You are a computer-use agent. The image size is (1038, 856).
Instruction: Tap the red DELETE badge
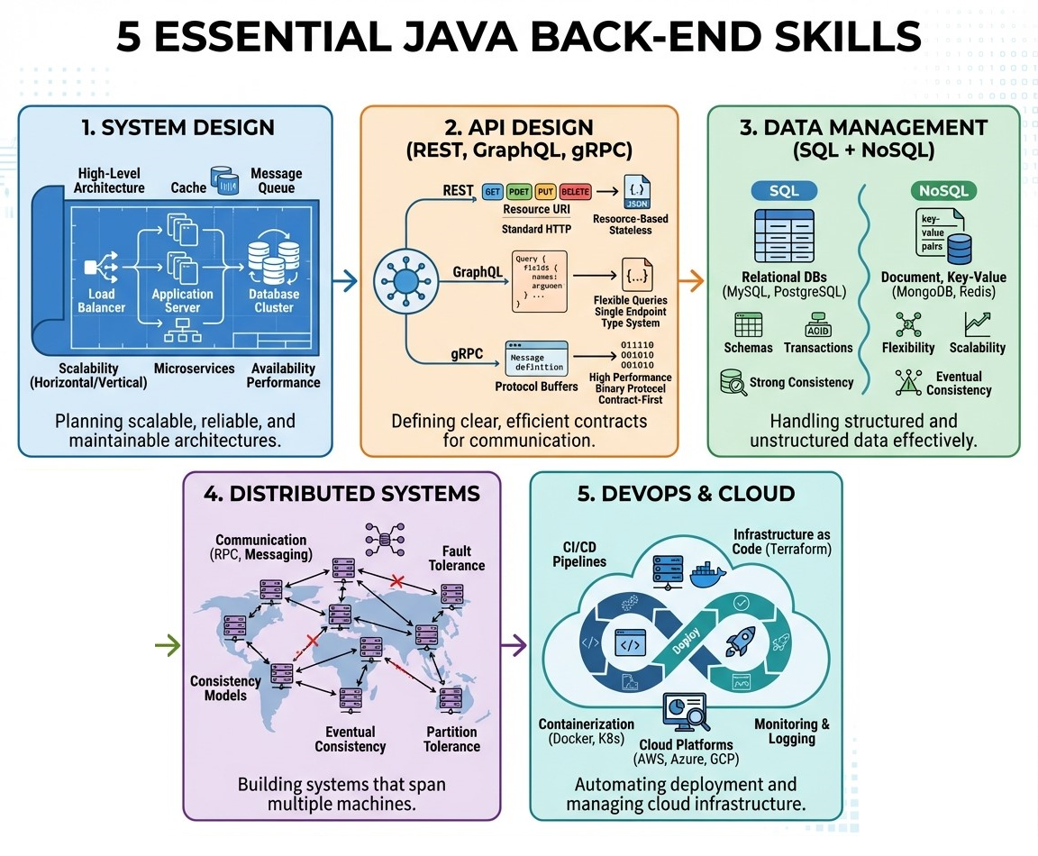point(575,192)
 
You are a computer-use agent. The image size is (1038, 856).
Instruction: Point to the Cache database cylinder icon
point(223,178)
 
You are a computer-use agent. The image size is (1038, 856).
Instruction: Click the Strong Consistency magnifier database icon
point(733,382)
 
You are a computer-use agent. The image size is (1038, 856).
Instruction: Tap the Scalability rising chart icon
point(978,323)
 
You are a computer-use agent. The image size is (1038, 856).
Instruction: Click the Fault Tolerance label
point(463,558)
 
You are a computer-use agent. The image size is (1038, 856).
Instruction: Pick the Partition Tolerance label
point(452,739)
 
